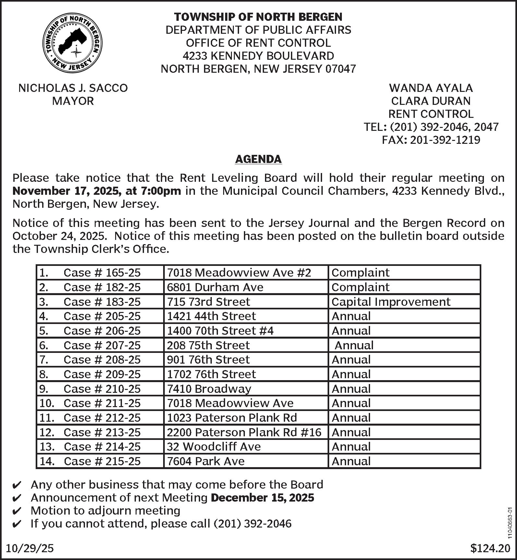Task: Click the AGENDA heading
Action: (x=258, y=159)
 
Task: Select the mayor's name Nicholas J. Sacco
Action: (x=73, y=88)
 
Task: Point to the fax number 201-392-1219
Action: (x=445, y=140)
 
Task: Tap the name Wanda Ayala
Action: (x=431, y=88)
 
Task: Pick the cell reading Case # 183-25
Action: (x=102, y=302)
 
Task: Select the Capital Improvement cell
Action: (x=391, y=302)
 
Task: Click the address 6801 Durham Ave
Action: (x=215, y=287)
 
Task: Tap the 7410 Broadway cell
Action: (x=209, y=389)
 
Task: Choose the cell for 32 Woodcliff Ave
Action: (x=214, y=447)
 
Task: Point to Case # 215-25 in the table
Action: (x=102, y=461)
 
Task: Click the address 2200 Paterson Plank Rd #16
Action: (x=244, y=432)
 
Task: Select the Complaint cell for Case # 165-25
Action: (x=360, y=273)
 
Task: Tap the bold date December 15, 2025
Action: (x=262, y=498)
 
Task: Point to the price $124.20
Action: (x=490, y=549)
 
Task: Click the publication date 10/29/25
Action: (x=30, y=549)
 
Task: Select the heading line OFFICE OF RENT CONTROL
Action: (x=258, y=43)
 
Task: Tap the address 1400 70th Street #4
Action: (x=220, y=331)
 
